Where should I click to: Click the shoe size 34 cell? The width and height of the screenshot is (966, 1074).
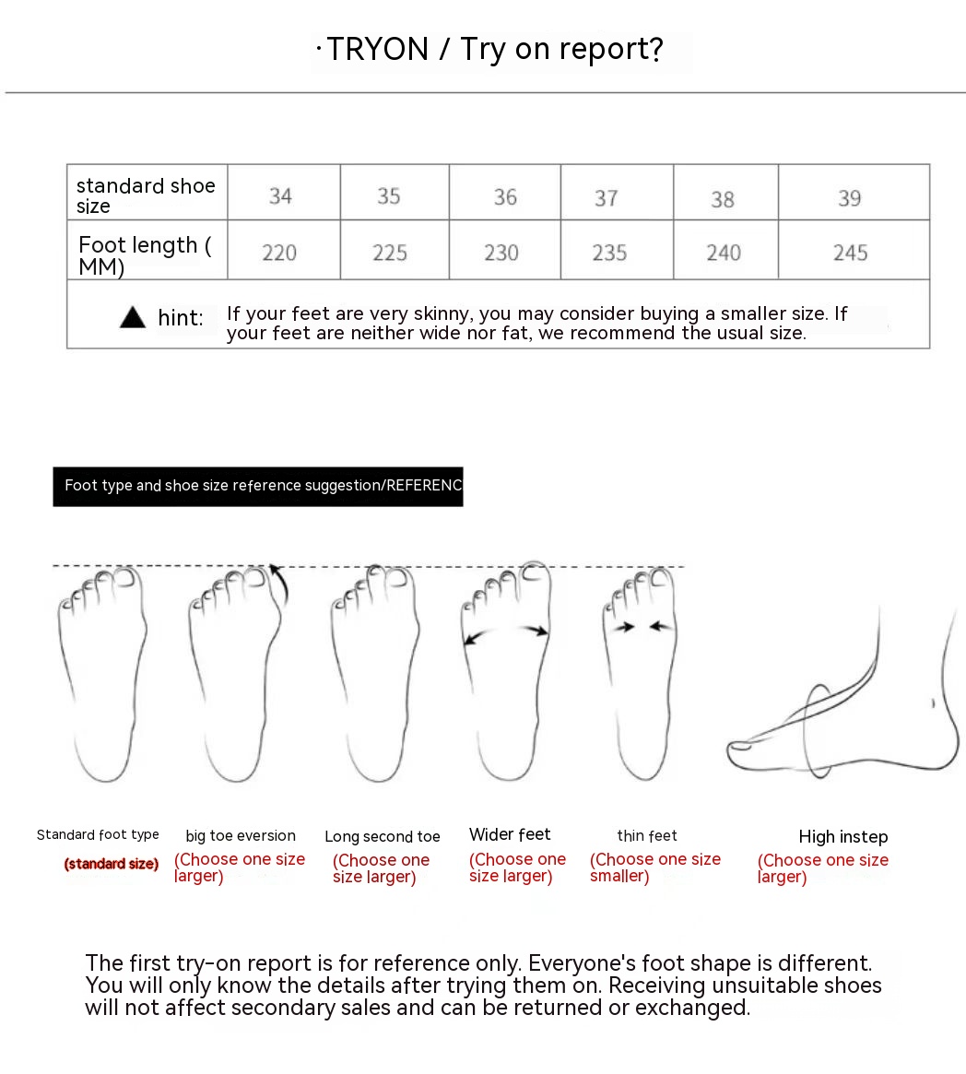(281, 195)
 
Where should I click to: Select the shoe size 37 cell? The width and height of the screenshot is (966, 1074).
(607, 197)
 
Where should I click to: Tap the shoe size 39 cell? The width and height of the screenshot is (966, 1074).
(850, 197)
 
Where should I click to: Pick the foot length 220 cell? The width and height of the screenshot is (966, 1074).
(279, 253)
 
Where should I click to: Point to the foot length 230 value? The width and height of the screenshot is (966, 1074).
(501, 253)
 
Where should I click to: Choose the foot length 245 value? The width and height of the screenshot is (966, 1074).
(850, 253)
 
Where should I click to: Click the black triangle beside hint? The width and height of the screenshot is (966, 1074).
(133, 318)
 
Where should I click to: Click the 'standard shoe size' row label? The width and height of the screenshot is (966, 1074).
(146, 195)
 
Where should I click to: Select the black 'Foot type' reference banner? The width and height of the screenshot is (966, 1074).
(258, 486)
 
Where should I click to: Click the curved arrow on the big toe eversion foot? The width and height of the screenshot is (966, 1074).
(279, 584)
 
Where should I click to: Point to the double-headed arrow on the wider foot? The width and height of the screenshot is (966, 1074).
(506, 632)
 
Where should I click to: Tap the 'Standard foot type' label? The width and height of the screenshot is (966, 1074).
(98, 834)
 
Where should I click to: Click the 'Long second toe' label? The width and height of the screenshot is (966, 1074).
(383, 837)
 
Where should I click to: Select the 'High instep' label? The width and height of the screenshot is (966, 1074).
(843, 837)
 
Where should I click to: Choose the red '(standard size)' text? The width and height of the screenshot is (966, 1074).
(112, 864)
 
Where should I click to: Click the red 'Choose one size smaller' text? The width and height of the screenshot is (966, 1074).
(655, 867)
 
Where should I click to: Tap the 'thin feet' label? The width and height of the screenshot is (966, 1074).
(647, 836)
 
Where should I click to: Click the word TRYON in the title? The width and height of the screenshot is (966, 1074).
(378, 49)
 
